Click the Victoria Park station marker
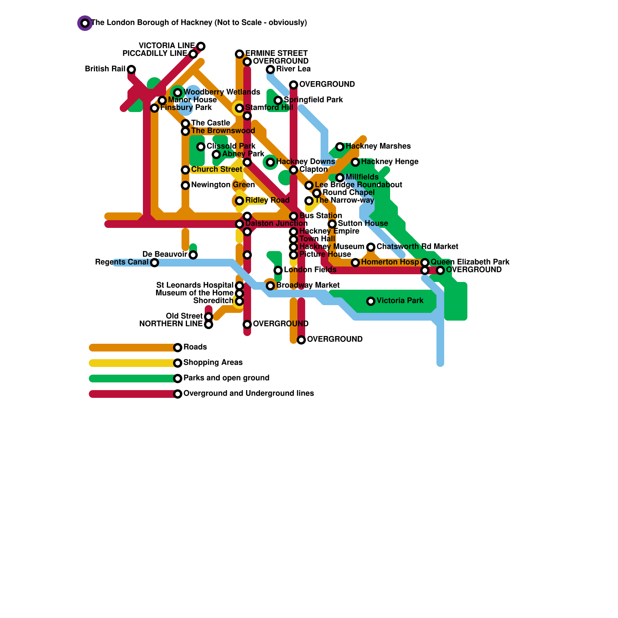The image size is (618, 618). pyautogui.click(x=371, y=301)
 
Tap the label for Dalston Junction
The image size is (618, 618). pyautogui.click(x=276, y=224)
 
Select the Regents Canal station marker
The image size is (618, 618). pyautogui.click(x=154, y=263)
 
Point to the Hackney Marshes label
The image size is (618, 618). pyautogui.click(x=378, y=146)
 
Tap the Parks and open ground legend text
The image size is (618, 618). pyautogui.click(x=226, y=378)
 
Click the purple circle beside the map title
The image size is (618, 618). pyautogui.click(x=85, y=23)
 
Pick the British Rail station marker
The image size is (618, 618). pyautogui.click(x=131, y=70)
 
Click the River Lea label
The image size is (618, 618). pyautogui.click(x=293, y=69)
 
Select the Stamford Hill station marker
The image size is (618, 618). pyautogui.click(x=239, y=108)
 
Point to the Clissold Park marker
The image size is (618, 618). pyautogui.click(x=201, y=147)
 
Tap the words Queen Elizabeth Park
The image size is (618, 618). pyautogui.click(x=470, y=262)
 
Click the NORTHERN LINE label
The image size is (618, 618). pyautogui.click(x=171, y=324)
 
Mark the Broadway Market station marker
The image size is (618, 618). pyautogui.click(x=270, y=286)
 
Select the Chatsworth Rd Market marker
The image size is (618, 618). pyautogui.click(x=371, y=247)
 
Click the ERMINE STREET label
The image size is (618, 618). pyautogui.click(x=276, y=53)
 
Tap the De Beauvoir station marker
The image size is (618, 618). pyautogui.click(x=193, y=255)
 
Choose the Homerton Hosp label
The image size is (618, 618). pyautogui.click(x=390, y=262)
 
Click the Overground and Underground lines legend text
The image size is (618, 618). pyautogui.click(x=248, y=394)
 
